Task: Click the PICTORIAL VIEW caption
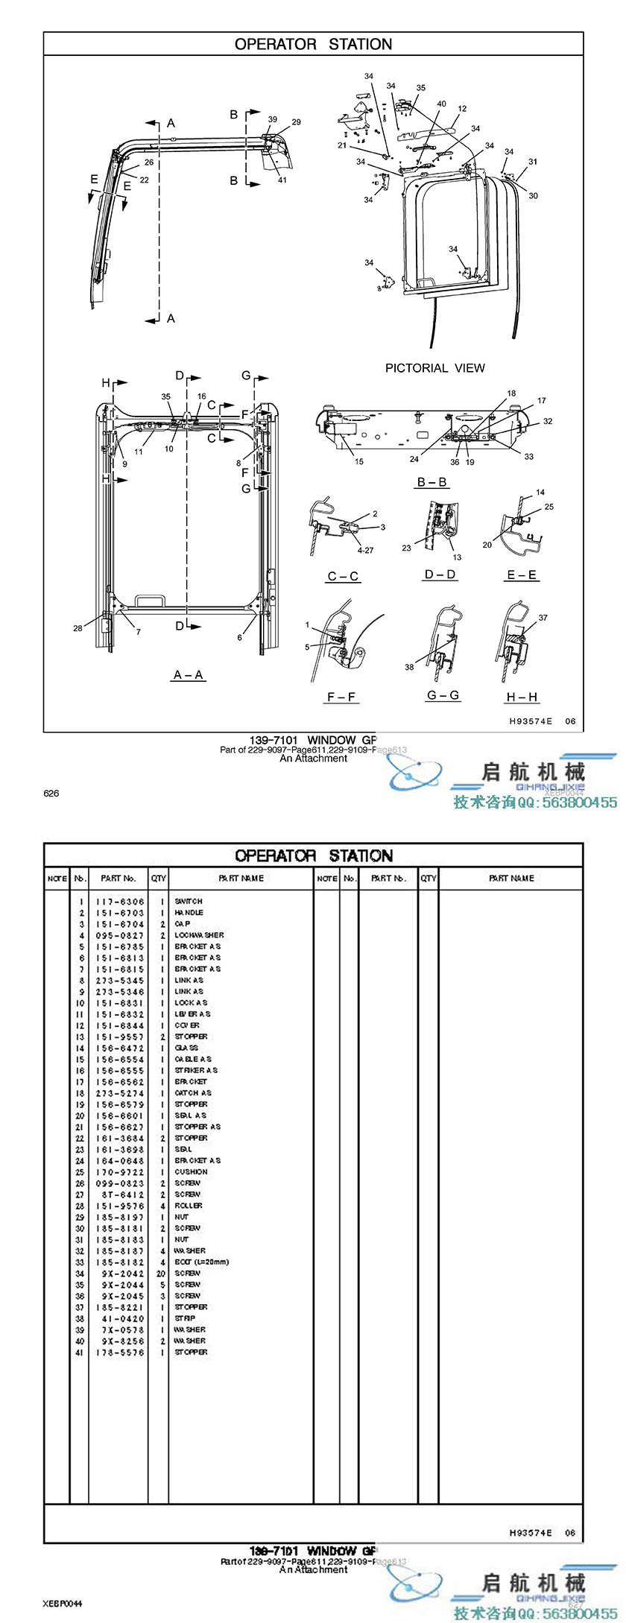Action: [434, 368]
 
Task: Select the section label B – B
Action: [432, 482]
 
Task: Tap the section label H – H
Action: [522, 697]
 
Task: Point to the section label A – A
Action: [189, 675]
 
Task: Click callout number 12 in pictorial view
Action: [462, 109]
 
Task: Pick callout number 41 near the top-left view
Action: [282, 180]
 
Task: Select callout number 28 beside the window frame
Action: [78, 628]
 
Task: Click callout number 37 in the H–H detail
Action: [543, 618]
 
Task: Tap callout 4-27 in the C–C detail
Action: [365, 551]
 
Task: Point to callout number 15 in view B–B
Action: [359, 462]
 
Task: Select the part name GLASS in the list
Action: [186, 1048]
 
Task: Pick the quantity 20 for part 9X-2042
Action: [161, 1274]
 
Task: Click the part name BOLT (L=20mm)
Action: [201, 1262]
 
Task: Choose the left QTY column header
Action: [159, 879]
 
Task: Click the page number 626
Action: [51, 794]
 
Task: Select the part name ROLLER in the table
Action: [189, 1206]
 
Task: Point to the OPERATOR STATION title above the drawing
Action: [313, 45]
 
